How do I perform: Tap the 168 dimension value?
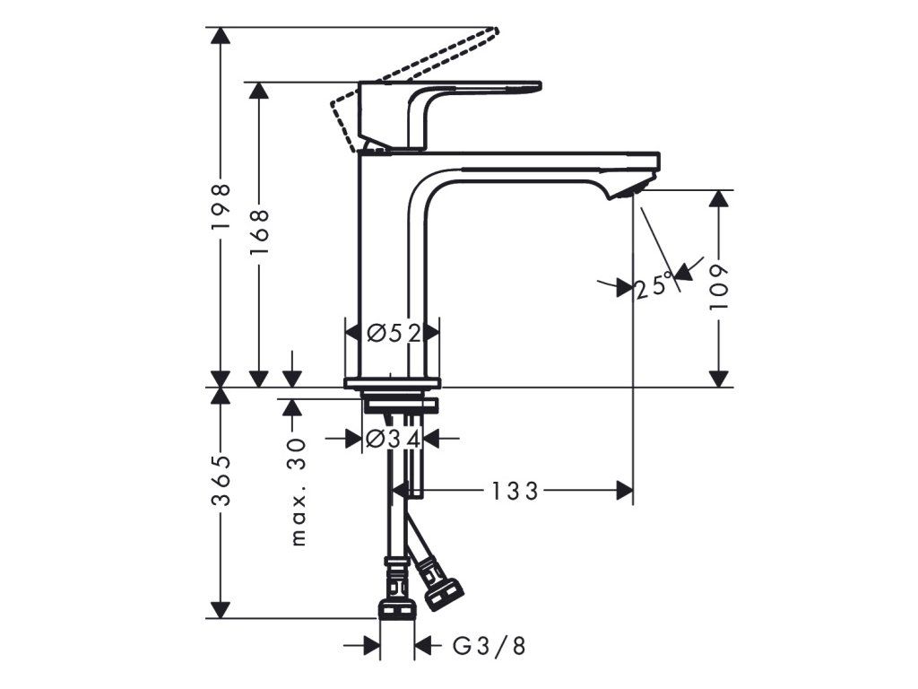tap(259, 232)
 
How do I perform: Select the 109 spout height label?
tap(718, 287)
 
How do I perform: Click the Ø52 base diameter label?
tap(394, 334)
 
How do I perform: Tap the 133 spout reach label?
tap(514, 491)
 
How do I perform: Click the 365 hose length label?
tap(221, 481)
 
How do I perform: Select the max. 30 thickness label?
tap(299, 493)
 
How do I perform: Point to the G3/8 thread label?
tap(489, 646)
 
